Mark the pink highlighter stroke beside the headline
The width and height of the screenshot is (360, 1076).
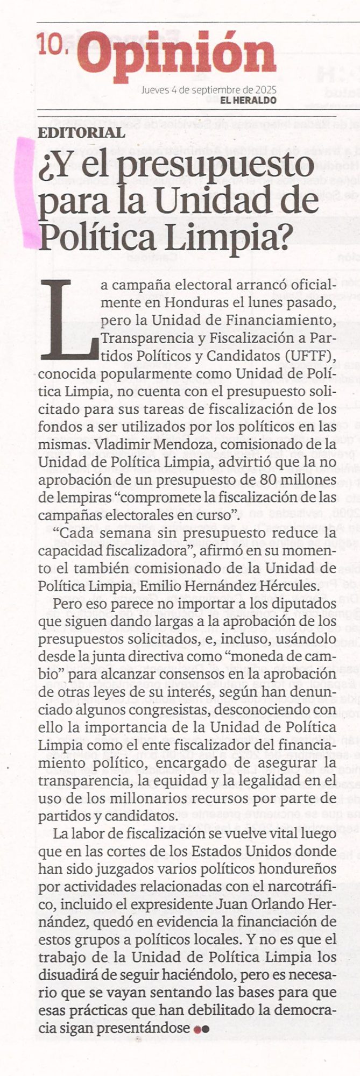coord(27,194)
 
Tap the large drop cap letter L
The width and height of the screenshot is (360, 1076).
coord(68,320)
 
